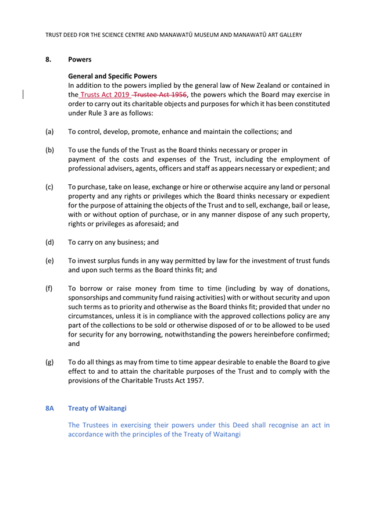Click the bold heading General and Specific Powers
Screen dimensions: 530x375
112,76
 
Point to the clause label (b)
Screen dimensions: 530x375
50,151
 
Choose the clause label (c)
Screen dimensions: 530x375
50,187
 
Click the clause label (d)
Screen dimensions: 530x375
50,242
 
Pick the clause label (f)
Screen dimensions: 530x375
50,289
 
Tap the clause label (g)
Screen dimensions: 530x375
50,362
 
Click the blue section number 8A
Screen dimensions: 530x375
50,409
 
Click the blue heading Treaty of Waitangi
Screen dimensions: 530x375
97,409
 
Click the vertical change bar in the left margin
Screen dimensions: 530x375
23,95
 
